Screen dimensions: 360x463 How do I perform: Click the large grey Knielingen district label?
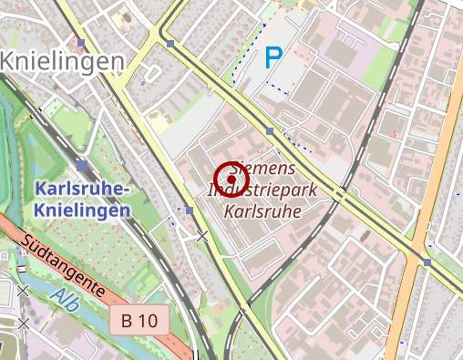tap(61, 62)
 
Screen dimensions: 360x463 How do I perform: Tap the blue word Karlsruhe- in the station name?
tap(83, 190)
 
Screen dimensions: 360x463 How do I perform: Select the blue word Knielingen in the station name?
tap(81, 210)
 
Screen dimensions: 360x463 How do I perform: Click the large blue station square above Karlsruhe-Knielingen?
tap(83, 166)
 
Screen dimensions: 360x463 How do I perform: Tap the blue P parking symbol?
tap(273, 59)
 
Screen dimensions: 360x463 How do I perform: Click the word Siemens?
tap(263, 170)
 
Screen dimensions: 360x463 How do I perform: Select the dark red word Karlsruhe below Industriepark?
tap(263, 211)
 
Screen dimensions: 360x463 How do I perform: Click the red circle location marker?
tap(231, 180)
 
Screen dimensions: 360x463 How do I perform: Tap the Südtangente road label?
tap(63, 265)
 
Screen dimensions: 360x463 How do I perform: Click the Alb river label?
tap(65, 298)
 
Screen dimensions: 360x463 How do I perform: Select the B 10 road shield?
tap(139, 320)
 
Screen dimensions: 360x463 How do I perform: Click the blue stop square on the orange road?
tap(427, 262)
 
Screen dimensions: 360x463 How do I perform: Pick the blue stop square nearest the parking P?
tap(270, 132)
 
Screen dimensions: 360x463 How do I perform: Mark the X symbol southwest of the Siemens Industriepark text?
tap(202, 236)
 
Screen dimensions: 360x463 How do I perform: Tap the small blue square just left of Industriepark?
tap(190, 211)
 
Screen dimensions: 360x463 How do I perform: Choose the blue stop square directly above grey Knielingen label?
tap(82, 43)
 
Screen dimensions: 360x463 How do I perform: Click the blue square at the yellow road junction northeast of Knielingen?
tap(170, 43)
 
